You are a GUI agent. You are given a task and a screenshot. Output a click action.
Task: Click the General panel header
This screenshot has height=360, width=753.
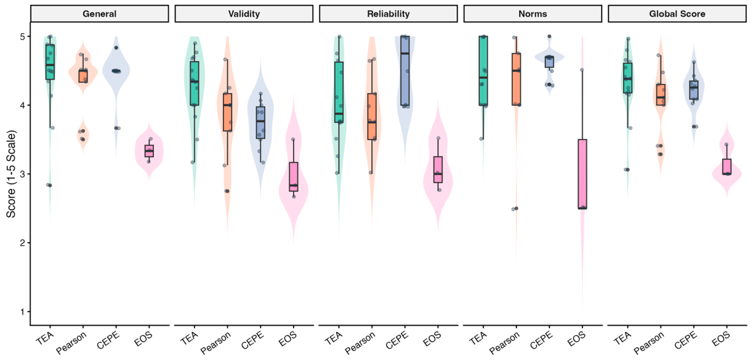[99, 14]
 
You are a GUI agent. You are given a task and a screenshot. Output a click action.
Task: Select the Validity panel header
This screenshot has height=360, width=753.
[244, 14]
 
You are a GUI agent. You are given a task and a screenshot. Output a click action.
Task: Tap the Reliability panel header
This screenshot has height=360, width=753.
[388, 14]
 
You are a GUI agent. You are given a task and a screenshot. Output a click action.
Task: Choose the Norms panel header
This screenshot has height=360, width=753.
[533, 14]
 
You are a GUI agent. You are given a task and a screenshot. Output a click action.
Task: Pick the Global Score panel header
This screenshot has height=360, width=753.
[677, 14]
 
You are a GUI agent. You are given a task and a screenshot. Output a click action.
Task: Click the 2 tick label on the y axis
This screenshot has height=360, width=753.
[23, 243]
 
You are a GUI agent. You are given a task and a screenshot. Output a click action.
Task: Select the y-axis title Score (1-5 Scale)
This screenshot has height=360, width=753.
[11, 174]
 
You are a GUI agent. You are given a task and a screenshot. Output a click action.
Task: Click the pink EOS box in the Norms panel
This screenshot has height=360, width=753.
[582, 174]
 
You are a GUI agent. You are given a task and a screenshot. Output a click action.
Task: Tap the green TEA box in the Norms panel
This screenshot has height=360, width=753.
[484, 71]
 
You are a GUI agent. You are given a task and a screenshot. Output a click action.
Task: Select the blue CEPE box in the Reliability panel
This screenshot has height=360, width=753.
[405, 71]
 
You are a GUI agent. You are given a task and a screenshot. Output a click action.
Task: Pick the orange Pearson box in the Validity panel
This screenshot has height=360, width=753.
[228, 112]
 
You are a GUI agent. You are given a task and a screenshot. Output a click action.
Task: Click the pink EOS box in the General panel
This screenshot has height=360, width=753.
[149, 151]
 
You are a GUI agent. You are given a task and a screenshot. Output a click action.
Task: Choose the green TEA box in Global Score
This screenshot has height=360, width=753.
[628, 78]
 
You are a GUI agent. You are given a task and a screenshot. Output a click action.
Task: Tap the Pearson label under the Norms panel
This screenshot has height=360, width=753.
[505, 343]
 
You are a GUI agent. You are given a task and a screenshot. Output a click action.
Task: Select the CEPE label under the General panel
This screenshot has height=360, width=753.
[108, 340]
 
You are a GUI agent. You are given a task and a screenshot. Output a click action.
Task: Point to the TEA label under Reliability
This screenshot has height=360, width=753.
[334, 338]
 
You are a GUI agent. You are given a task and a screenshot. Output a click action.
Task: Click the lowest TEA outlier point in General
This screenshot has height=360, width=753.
[50, 185]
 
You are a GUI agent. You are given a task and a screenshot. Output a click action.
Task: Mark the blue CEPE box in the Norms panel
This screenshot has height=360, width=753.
[549, 62]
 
